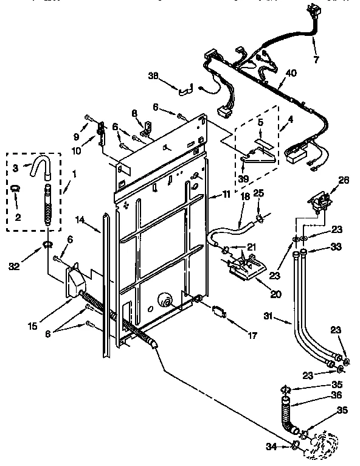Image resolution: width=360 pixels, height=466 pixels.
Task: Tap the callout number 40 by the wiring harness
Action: click(292, 74)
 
